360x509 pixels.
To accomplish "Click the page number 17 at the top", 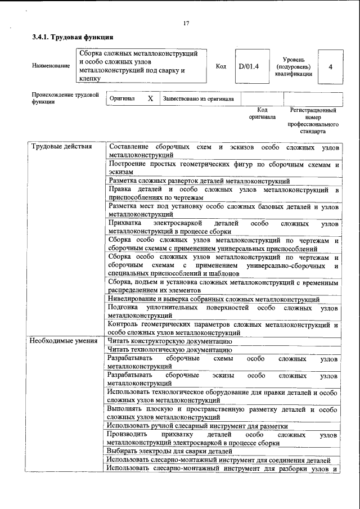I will tap(186, 23).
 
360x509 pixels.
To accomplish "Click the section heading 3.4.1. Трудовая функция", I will tap(73, 37).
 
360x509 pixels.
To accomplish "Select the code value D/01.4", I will tap(248, 66).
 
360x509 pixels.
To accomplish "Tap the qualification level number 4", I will tap(330, 66).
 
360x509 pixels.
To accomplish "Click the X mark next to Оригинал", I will tap(150, 98).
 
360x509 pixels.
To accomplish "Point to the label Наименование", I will tap(51, 66).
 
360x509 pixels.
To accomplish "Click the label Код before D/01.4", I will tap(221, 66).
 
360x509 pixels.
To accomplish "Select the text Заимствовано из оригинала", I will tap(198, 98).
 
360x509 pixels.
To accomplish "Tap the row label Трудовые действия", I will tap(61, 147).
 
